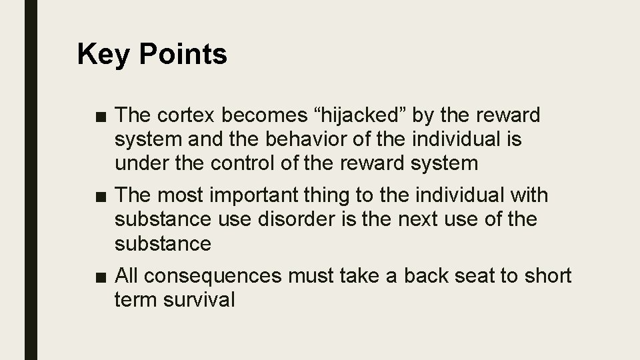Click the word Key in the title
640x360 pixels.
tap(100, 55)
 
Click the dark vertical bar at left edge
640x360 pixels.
tap(31, 180)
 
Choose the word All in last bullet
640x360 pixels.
tap(127, 276)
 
